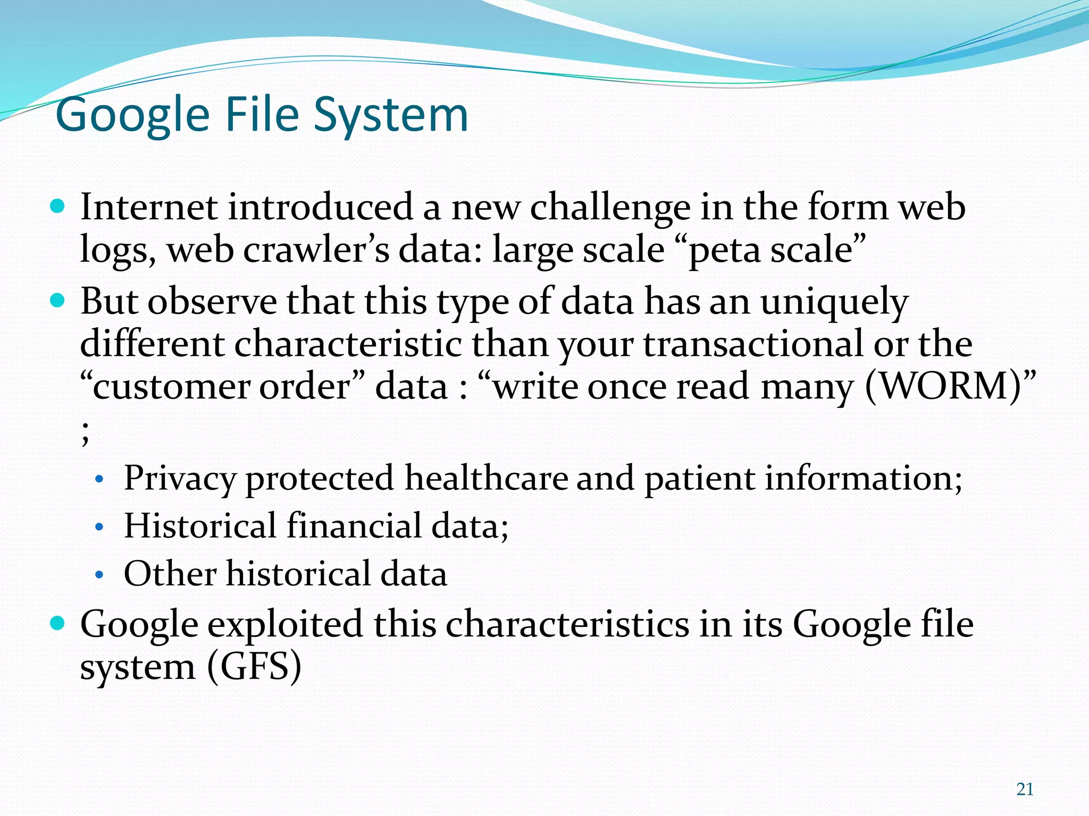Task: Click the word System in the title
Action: pyautogui.click(x=390, y=115)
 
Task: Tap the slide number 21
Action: pyautogui.click(x=1025, y=789)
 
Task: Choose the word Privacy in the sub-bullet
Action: pyautogui.click(x=179, y=478)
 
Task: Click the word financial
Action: pyautogui.click(x=354, y=526)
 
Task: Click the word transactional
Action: pyautogui.click(x=753, y=344)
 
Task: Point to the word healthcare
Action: pyautogui.click(x=486, y=478)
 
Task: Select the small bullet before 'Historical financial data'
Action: pyautogui.click(x=98, y=528)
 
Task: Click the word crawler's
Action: pyautogui.click(x=316, y=249)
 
